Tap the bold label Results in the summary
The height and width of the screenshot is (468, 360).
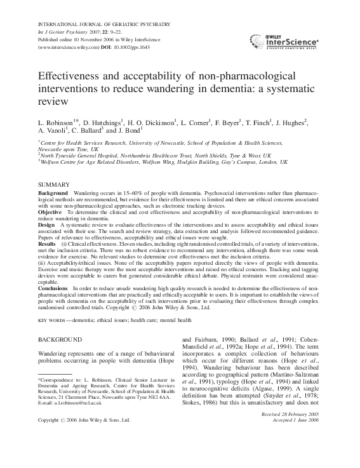48,243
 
